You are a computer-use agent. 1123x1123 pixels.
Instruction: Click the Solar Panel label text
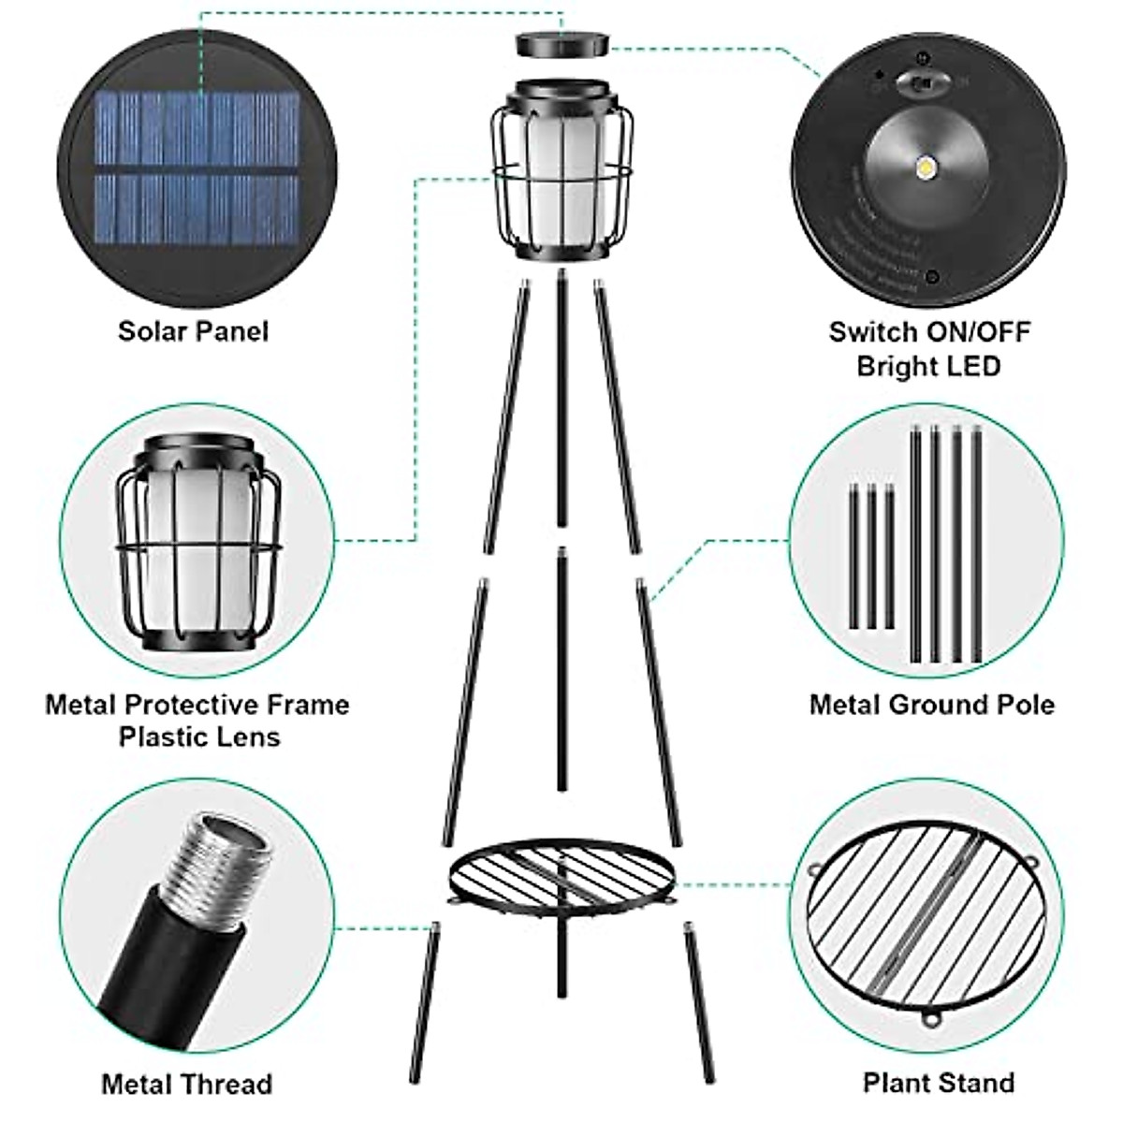(x=193, y=331)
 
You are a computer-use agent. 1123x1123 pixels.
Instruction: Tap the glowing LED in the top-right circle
(x=928, y=169)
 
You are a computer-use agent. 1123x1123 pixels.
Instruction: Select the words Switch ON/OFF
(x=929, y=331)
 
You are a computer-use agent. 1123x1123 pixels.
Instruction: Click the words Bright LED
(x=928, y=365)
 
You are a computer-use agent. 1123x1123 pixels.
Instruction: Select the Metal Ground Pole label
(x=932, y=704)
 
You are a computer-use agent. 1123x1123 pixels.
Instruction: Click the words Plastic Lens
(x=199, y=737)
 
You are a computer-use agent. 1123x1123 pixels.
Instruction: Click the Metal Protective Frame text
(x=197, y=704)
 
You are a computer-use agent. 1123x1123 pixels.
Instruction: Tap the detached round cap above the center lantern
(x=562, y=44)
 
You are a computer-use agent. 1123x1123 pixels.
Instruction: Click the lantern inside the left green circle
(x=198, y=543)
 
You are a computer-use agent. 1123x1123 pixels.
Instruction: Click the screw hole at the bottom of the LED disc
(x=932, y=277)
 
